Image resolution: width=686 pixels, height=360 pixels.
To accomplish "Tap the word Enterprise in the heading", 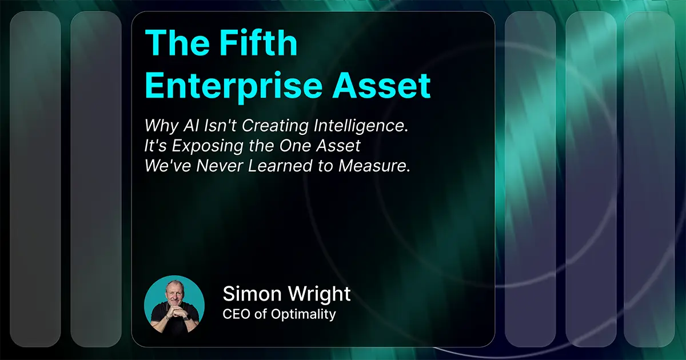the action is click(233, 86).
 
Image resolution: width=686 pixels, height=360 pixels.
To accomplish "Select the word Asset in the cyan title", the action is click(382, 85).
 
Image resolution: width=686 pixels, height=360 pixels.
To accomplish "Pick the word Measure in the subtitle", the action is click(374, 166).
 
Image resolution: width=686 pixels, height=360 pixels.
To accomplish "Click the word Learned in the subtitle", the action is click(280, 166).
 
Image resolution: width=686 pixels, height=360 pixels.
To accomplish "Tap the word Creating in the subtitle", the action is click(275, 126).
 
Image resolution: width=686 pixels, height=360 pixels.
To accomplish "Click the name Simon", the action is click(252, 294).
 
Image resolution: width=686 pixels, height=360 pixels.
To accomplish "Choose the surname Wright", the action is click(320, 294).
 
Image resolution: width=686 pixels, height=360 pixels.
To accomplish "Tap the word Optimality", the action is click(303, 315).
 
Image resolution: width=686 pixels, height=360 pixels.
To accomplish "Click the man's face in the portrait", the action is click(174, 294).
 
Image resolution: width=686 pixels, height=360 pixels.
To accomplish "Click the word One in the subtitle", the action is click(296, 146).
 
